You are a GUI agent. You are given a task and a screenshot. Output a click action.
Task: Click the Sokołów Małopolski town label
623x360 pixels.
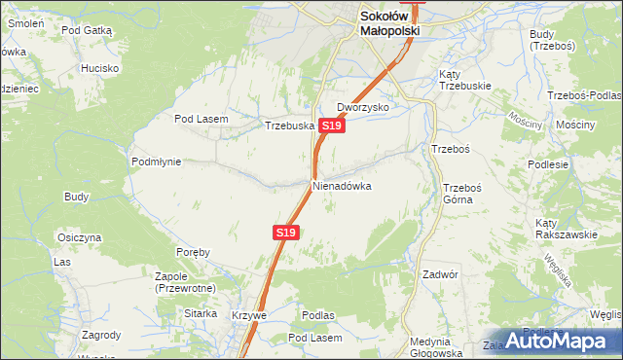(389, 23)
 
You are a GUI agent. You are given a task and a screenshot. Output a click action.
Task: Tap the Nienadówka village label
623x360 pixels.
(342, 185)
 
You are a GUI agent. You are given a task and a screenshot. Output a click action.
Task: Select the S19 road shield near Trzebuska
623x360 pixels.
(331, 126)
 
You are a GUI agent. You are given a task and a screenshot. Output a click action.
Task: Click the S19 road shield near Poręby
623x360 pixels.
(284, 234)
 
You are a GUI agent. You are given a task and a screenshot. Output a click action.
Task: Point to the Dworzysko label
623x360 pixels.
(363, 107)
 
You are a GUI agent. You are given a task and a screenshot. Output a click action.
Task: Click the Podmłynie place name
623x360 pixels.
(156, 162)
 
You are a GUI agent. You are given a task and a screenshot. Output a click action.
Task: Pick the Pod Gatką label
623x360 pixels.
(88, 31)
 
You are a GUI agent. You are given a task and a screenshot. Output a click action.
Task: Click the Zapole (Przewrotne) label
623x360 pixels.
(184, 282)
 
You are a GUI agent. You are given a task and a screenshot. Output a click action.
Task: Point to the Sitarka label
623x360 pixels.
(201, 314)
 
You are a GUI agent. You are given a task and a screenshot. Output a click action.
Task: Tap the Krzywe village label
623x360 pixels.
(248, 316)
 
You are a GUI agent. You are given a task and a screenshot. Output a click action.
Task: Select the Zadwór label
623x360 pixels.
(440, 274)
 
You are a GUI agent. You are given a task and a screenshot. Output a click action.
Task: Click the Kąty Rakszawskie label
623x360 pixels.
(566, 229)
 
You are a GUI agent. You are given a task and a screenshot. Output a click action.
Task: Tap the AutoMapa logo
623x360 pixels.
(555, 341)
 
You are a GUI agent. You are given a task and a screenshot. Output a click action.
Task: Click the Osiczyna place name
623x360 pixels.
(80, 237)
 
